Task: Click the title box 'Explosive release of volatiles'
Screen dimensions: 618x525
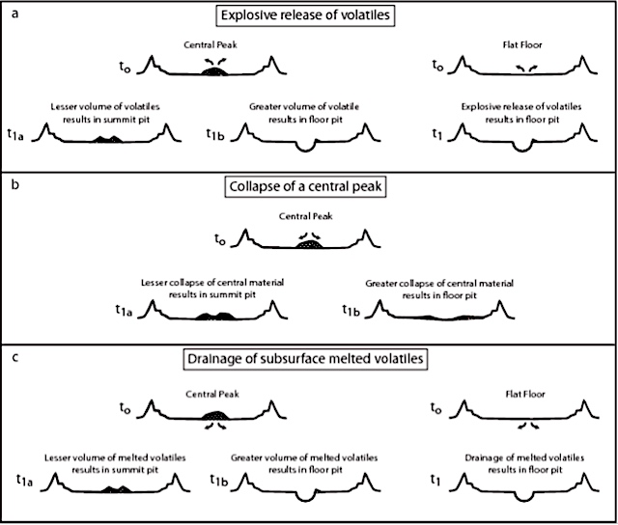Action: pyautogui.click(x=305, y=15)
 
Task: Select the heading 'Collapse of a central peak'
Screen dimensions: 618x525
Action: pyautogui.click(x=305, y=186)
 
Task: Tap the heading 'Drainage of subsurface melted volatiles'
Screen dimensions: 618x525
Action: pyautogui.click(x=305, y=359)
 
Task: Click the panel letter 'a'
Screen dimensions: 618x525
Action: pyautogui.click(x=15, y=14)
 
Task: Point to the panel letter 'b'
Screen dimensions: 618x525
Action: pyautogui.click(x=15, y=183)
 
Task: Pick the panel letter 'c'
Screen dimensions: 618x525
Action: pyautogui.click(x=14, y=357)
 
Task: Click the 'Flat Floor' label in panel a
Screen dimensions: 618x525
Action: pyautogui.click(x=522, y=45)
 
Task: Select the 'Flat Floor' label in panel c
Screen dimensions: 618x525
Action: pyautogui.click(x=525, y=394)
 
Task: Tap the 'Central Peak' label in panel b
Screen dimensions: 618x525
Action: pyautogui.click(x=305, y=216)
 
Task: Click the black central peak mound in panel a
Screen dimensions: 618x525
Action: pyautogui.click(x=214, y=71)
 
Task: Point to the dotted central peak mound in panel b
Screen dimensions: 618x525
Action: pyautogui.click(x=309, y=244)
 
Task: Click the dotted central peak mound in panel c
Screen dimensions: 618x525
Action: pyautogui.click(x=214, y=415)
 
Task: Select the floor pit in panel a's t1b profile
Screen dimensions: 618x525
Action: pyautogui.click(x=306, y=147)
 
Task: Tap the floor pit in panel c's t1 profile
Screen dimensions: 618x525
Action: pyautogui.click(x=523, y=497)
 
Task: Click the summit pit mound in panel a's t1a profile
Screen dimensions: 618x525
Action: pyautogui.click(x=107, y=139)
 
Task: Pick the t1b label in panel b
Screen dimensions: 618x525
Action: pyautogui.click(x=351, y=311)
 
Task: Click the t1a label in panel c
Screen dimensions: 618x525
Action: pyautogui.click(x=24, y=480)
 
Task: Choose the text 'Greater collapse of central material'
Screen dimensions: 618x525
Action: pyautogui.click(x=439, y=283)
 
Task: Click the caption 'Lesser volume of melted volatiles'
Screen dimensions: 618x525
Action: pyautogui.click(x=115, y=457)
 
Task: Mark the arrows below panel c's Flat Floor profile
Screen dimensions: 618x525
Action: pyautogui.click(x=528, y=426)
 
